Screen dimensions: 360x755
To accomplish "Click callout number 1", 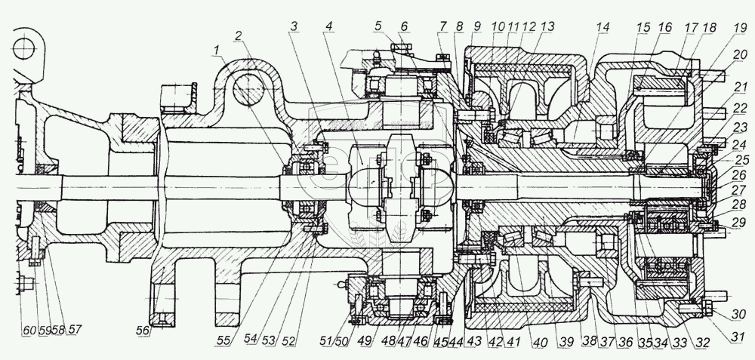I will click(217, 49).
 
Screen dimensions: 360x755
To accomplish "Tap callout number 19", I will click(739, 26).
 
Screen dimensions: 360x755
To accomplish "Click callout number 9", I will click(476, 26).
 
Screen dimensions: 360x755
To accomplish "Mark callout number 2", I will click(239, 35).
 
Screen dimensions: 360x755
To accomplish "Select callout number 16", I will click(664, 26).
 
